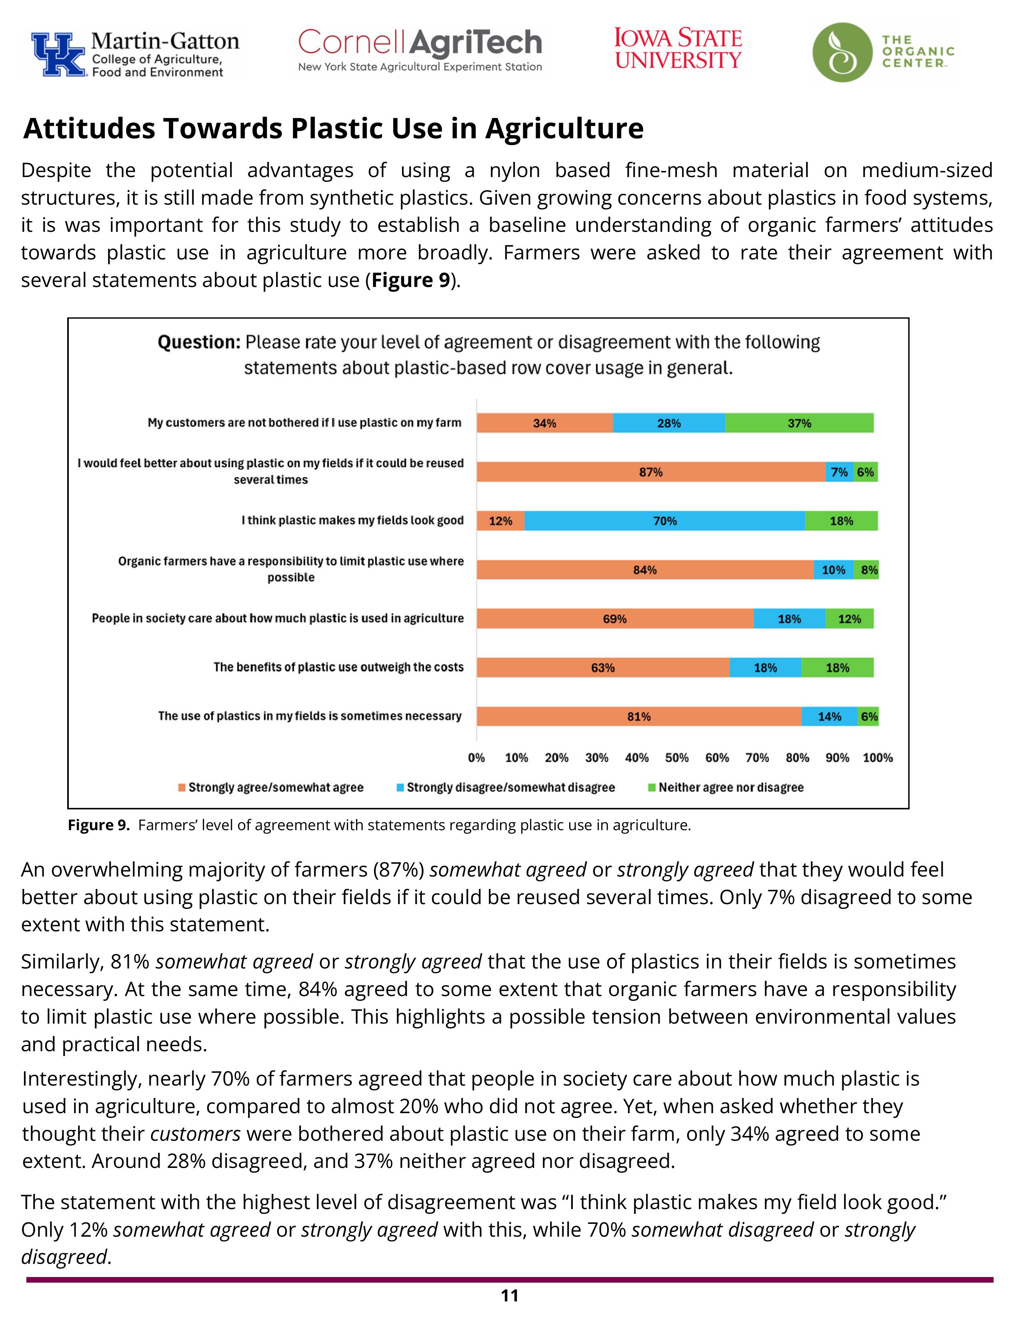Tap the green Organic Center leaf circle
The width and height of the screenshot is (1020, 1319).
[x=842, y=52]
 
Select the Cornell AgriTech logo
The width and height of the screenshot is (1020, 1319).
[x=420, y=50]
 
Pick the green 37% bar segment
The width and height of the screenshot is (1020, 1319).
[x=799, y=423]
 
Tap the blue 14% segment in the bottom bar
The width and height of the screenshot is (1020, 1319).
[x=829, y=716]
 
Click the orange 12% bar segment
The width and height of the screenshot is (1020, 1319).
[x=500, y=520]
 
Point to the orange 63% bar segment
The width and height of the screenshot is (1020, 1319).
[x=602, y=667]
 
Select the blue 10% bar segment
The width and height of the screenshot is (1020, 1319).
[x=833, y=570]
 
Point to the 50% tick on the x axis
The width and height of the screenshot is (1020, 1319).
[x=677, y=757]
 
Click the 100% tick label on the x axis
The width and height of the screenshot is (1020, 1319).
[x=877, y=757]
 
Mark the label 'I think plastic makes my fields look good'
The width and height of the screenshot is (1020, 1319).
[x=352, y=520]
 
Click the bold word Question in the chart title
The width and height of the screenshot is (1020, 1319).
[x=199, y=343]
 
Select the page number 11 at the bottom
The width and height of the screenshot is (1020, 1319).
[x=509, y=1295]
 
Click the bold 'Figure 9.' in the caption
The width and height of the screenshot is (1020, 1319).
[x=98, y=825]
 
